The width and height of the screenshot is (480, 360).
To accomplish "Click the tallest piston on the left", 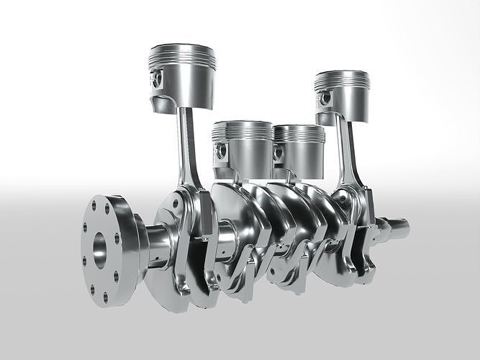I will coord(182,72).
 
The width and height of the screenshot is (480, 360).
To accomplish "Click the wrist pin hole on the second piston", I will coord(219,150).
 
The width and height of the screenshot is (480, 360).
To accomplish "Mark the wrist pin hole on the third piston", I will coord(277,151).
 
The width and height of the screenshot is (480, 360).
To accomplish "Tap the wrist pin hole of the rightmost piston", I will coord(327,96).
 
